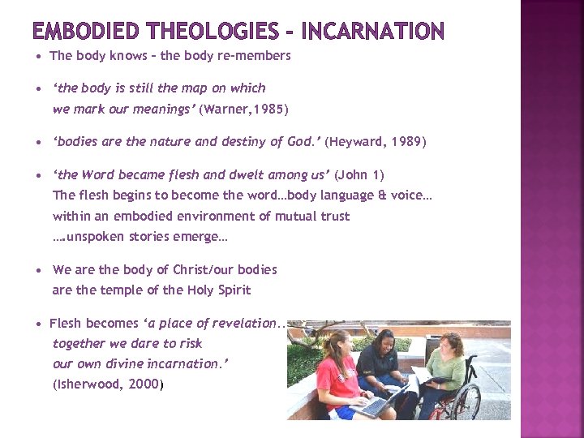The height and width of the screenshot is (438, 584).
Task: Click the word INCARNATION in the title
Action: (x=372, y=32)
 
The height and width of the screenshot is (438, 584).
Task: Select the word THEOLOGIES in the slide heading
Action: (x=213, y=32)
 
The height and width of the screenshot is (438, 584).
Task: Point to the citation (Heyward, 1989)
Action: (x=375, y=142)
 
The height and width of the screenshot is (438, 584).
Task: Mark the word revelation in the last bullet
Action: (x=242, y=323)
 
